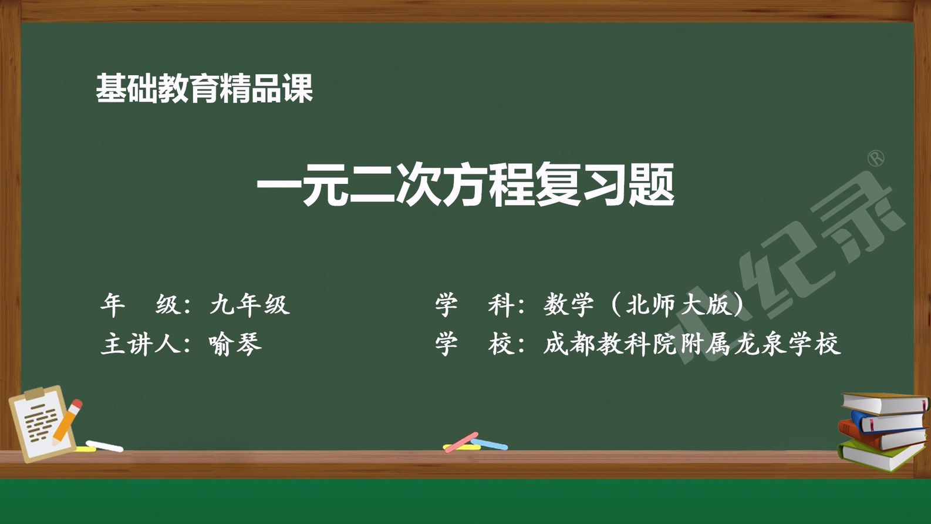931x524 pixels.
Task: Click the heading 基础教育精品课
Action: click(204, 88)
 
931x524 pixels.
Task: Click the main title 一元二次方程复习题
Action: click(465, 184)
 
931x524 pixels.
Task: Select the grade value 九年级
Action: click(250, 304)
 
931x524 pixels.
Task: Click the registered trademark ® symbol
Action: click(876, 159)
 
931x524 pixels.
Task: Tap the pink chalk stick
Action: click(461, 442)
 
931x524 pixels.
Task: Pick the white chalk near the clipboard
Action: click(104, 446)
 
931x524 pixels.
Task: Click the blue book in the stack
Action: click(889, 421)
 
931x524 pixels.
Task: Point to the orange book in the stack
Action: click(881, 436)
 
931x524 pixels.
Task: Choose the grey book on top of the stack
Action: click(885, 404)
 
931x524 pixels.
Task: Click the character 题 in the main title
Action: click(651, 184)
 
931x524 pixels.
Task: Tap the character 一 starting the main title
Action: click(279, 185)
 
